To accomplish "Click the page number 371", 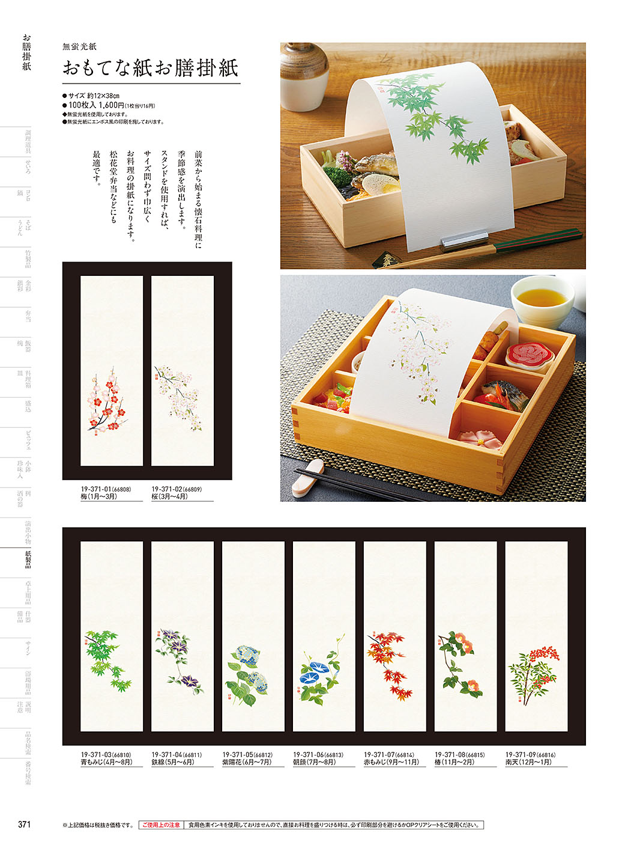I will coord(24,824).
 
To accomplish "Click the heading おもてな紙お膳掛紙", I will coord(151,67).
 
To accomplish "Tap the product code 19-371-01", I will coord(96,489).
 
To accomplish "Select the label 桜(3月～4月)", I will coord(169,497).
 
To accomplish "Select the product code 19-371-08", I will coord(451,755).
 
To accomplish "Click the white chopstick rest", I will coord(308,478).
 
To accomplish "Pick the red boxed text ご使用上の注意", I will coord(161,825).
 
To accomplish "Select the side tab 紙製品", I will coord(28,560).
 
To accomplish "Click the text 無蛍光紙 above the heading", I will coord(79,46).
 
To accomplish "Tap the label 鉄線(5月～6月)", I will coord(172,762).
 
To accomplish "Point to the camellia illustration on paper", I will coord(459,661).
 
